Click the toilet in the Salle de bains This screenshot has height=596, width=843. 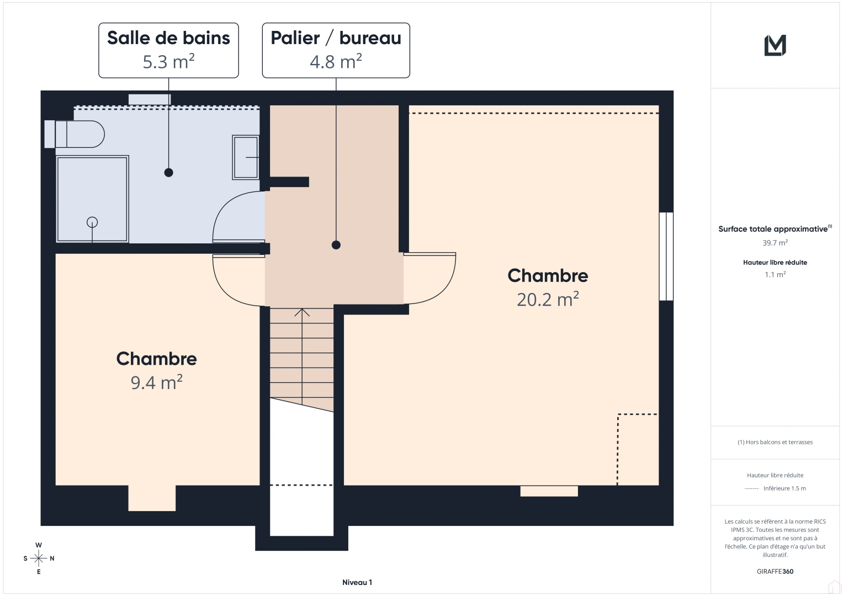[x=77, y=134]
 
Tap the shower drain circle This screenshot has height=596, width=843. [x=92, y=222]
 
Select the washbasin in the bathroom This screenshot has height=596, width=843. [x=246, y=157]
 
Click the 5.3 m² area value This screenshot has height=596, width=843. [x=168, y=61]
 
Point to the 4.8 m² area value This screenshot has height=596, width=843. [x=336, y=61]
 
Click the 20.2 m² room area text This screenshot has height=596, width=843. [x=548, y=299]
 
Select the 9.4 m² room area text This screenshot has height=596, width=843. [x=156, y=382]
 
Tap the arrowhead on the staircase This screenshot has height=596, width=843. [x=302, y=312]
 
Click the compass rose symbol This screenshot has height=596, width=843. [x=39, y=558]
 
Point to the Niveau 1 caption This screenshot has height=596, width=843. [x=357, y=582]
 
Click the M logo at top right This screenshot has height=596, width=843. [x=775, y=45]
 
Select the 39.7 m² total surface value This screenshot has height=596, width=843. [x=775, y=243]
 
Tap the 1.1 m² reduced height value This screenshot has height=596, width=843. [x=775, y=274]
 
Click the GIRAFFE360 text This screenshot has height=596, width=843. [x=775, y=571]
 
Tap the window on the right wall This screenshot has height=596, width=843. [x=666, y=257]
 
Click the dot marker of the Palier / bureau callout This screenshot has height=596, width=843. [x=336, y=245]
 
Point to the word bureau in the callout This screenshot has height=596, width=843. [x=370, y=38]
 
